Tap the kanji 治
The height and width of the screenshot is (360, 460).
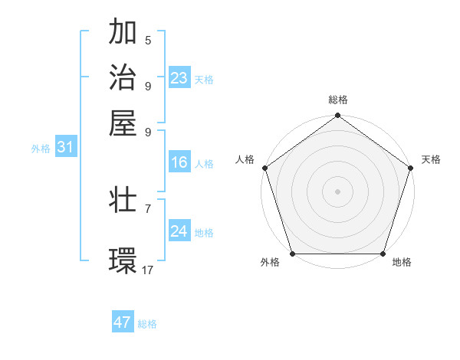click(x=123, y=77)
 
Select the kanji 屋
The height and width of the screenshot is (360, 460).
click(x=123, y=123)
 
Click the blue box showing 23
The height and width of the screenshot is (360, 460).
click(x=179, y=78)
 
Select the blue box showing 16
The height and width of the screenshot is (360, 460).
click(x=179, y=162)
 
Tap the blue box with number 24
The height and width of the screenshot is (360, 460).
click(x=179, y=231)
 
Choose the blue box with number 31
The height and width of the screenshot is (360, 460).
click(x=65, y=148)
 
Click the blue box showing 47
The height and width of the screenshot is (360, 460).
click(x=123, y=322)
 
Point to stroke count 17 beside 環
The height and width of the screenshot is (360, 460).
click(x=148, y=270)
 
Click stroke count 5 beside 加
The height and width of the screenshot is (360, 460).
click(x=148, y=40)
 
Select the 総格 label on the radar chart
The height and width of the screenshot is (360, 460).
click(x=337, y=100)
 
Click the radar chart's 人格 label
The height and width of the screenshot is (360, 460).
click(x=245, y=159)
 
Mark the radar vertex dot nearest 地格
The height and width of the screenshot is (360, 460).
click(x=383, y=254)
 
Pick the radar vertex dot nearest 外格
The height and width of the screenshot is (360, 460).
click(x=292, y=254)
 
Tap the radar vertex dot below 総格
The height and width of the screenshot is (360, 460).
click(x=337, y=116)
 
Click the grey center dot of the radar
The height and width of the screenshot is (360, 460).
click(x=337, y=191)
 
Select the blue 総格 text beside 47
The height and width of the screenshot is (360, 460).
click(x=147, y=324)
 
